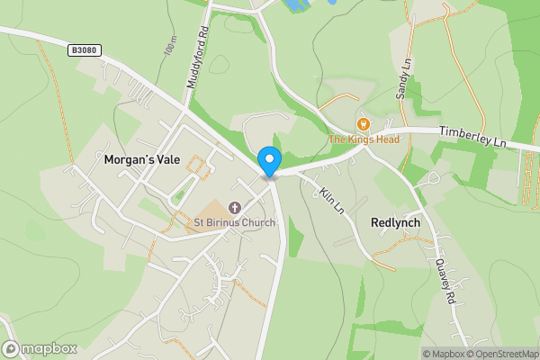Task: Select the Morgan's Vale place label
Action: (x=142, y=159)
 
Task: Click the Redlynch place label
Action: (x=396, y=222)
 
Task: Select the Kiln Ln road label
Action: (x=331, y=199)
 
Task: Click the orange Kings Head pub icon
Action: (x=363, y=124)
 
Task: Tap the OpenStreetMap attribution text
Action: (x=499, y=353)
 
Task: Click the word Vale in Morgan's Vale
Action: (x=166, y=159)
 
